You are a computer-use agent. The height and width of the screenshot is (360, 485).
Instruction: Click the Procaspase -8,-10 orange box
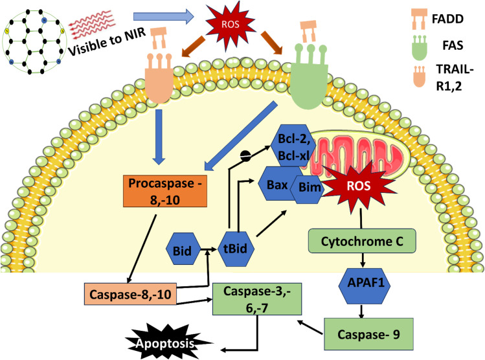tap(165, 191)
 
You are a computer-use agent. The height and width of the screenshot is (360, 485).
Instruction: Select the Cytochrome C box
tap(362, 241)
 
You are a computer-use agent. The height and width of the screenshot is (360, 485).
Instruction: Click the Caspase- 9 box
tap(368, 334)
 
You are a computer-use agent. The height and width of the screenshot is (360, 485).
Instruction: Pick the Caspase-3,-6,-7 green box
tap(257, 299)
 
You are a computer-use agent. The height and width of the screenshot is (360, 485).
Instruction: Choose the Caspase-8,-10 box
tap(131, 294)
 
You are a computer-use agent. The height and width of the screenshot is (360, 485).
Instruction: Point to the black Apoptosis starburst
tap(166, 343)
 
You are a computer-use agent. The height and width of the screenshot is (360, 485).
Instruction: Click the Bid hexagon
tap(183, 249)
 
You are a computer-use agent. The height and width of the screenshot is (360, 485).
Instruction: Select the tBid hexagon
tap(236, 249)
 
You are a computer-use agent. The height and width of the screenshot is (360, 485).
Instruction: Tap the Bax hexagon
tap(277, 184)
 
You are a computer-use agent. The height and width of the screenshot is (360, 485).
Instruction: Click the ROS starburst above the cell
tap(230, 24)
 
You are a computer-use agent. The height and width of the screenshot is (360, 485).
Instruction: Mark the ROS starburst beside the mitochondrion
tap(359, 186)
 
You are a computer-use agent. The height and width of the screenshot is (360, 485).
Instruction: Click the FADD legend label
tap(447, 19)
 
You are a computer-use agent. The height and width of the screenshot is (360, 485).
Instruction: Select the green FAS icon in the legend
tap(420, 47)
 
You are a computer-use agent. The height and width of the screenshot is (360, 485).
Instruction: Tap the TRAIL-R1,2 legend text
tap(454, 77)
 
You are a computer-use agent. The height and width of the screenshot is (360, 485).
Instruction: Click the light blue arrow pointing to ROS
tap(164, 17)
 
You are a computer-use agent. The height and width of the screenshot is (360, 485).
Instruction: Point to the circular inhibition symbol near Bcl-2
tap(246, 156)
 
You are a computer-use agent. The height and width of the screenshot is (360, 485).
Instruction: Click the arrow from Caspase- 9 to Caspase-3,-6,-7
tap(311, 328)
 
